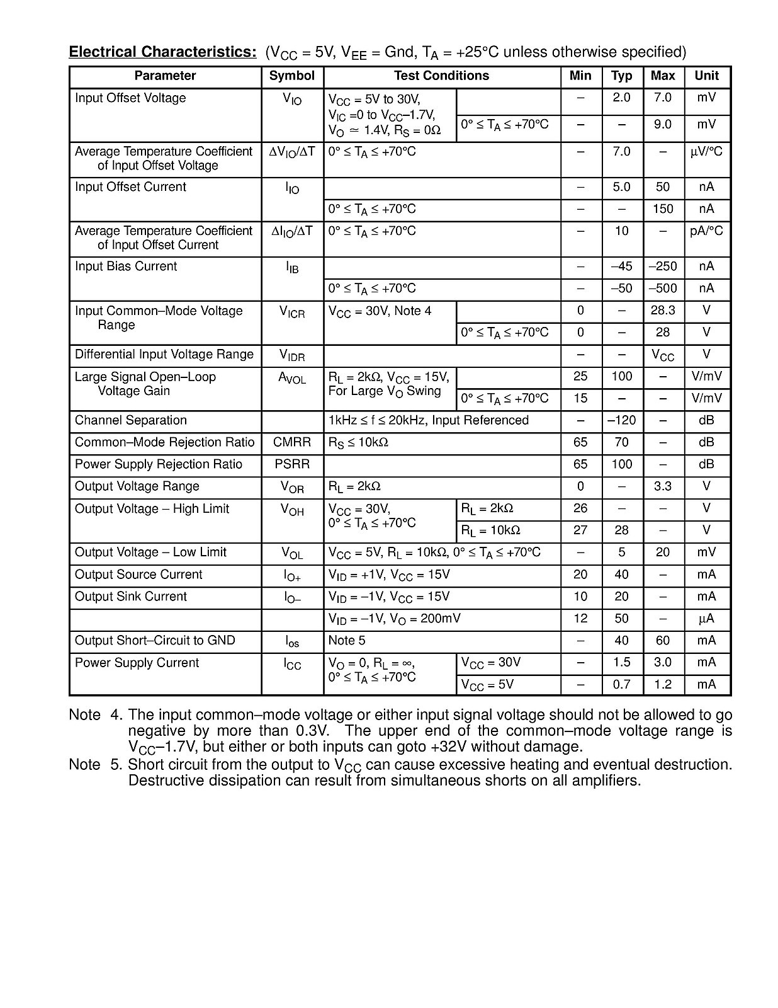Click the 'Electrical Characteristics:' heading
162,52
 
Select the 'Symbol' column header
291,76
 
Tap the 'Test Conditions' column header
441,76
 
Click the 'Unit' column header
706,76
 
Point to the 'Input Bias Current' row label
126,266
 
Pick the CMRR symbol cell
291,442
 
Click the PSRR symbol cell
291,464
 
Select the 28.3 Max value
663,311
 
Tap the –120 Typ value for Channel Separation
621,420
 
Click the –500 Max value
663,289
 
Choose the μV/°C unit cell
706,152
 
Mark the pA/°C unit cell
706,231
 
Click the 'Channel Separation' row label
131,420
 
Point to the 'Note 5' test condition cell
347,641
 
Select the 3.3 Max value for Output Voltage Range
663,486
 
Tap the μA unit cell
706,619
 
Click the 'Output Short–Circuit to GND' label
155,641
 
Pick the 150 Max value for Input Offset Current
663,209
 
